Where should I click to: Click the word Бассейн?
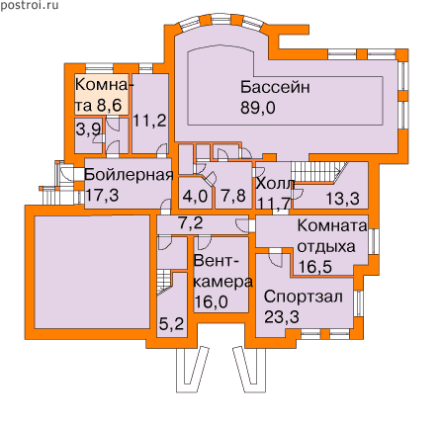point(275,87)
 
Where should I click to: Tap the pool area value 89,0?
point(257,108)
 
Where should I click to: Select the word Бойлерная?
point(129,175)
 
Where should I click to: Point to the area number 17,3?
point(102,195)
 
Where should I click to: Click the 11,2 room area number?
point(149,121)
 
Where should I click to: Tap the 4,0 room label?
point(195,197)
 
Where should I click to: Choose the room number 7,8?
point(233,196)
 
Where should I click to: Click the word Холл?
point(275,184)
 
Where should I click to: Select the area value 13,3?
point(343,199)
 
